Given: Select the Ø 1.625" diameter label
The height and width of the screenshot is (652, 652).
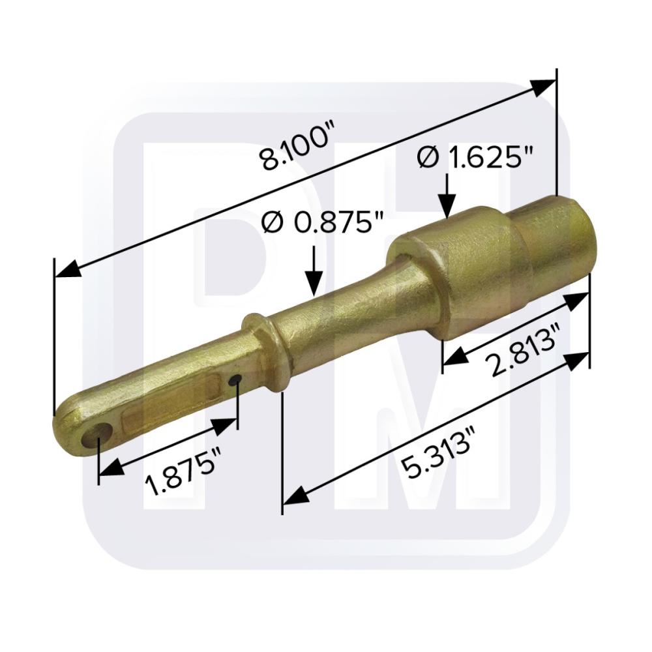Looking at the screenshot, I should coord(475,158).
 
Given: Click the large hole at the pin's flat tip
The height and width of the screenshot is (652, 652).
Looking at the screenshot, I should coord(96,435).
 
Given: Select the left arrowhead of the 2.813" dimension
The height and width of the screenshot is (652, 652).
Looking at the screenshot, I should coord(456,355).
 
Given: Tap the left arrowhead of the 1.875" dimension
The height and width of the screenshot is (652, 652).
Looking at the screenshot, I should coord(111,468).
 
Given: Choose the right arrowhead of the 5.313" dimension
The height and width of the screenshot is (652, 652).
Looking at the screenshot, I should coord(576,360).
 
